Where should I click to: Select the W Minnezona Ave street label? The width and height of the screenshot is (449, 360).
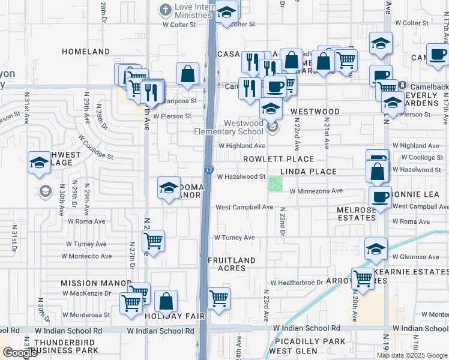315,191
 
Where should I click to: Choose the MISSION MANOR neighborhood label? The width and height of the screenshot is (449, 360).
95,283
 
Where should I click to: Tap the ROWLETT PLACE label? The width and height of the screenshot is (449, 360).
278,159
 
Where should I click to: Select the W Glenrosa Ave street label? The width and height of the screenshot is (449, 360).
417,257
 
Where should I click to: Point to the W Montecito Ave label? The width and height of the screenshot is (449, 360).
89,256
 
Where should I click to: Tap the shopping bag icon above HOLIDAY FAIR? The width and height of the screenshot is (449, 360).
166,301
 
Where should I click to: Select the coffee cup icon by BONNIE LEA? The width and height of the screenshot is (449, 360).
381,196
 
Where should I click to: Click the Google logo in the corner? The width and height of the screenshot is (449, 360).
20,353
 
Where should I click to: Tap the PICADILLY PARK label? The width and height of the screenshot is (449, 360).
307,341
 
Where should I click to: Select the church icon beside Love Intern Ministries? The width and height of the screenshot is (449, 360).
166,10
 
